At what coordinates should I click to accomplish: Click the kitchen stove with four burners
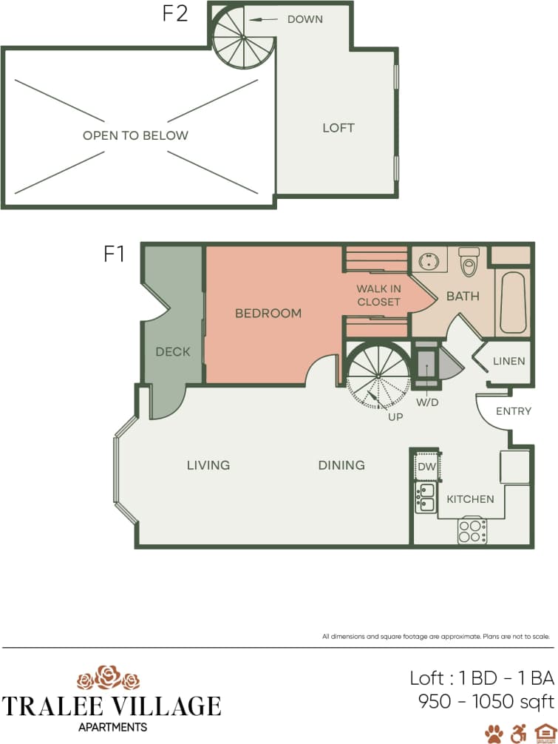(472, 531)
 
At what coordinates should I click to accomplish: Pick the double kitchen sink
(425, 497)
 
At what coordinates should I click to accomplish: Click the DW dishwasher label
(426, 467)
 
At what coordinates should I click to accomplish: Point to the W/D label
(427, 403)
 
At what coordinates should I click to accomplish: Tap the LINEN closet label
(508, 362)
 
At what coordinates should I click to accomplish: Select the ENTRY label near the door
(513, 411)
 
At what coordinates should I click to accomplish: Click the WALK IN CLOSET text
(378, 295)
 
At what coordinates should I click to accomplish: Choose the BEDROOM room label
(268, 314)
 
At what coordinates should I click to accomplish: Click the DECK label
(173, 352)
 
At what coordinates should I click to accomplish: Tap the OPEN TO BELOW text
(135, 135)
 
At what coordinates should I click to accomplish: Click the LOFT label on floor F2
(338, 128)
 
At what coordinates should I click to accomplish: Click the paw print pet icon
(494, 733)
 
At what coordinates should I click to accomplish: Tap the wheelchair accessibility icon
(519, 733)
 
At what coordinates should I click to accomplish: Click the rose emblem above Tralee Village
(109, 677)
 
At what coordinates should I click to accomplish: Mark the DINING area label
(341, 465)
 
